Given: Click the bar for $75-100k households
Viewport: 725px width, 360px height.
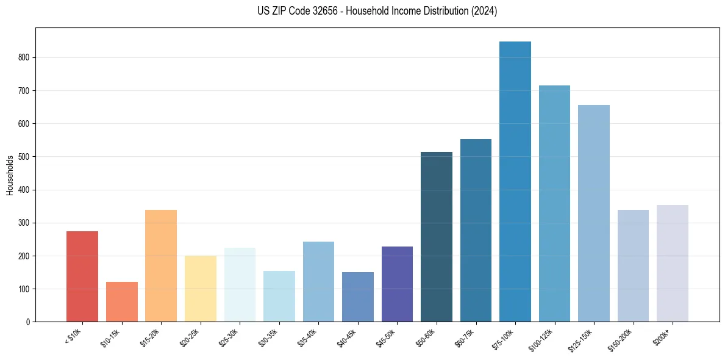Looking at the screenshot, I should click(515, 181).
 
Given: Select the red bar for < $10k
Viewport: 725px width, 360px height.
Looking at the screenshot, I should click(82, 276).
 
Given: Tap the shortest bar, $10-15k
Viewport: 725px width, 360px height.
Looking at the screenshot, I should click(122, 301).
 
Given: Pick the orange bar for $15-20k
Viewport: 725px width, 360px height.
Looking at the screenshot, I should click(161, 265).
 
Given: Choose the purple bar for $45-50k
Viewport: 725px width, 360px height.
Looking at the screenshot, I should click(397, 284).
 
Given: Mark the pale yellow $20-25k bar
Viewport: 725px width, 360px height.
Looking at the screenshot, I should click(201, 289).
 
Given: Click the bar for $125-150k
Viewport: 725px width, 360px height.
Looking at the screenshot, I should click(594, 213).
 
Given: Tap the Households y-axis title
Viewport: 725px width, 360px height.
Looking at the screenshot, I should click(10, 175).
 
